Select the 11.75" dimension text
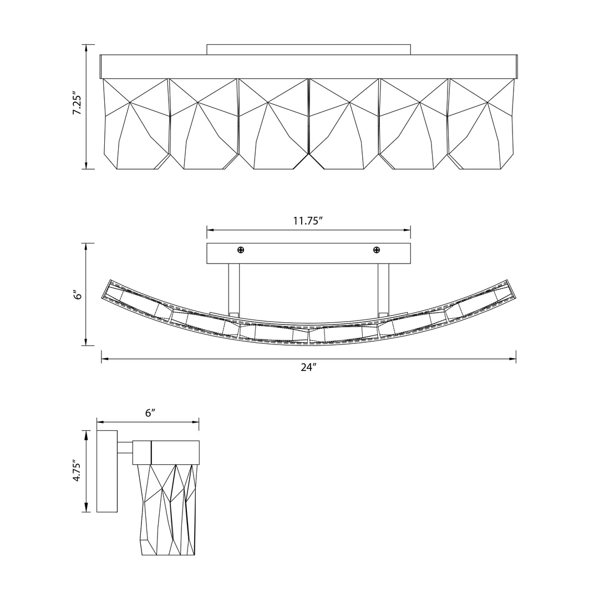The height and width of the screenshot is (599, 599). coord(308,221)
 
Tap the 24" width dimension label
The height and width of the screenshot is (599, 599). coord(309,368)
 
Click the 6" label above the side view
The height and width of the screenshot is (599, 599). coord(150,413)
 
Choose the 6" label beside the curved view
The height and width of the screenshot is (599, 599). coord(78,295)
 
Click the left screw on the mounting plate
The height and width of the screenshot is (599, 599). coord(241,250)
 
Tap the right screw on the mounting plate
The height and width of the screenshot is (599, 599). coord(377,250)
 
